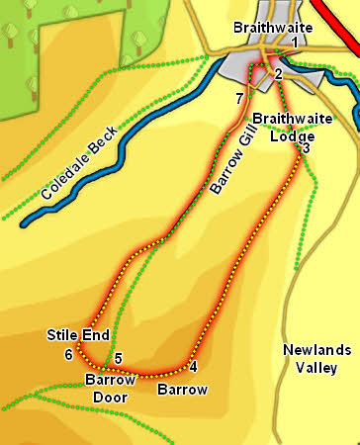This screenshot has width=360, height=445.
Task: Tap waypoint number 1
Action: point(295,43)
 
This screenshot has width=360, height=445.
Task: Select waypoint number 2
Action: point(279,74)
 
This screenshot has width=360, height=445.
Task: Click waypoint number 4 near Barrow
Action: point(193,367)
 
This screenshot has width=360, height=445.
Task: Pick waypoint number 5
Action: point(118,358)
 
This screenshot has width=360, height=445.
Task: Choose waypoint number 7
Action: point(239,98)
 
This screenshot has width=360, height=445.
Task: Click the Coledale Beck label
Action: point(80,164)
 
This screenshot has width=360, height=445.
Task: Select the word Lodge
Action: point(292,135)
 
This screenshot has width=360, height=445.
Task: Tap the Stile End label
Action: point(77,336)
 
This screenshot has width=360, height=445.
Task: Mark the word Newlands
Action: point(315,349)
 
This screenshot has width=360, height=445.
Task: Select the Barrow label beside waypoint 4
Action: point(182,390)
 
